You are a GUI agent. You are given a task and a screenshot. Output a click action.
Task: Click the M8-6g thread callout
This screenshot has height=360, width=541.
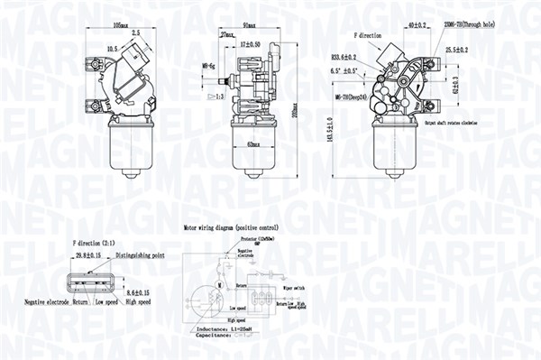[207, 65]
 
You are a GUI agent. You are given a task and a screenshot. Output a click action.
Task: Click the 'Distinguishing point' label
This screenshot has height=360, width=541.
[133, 255]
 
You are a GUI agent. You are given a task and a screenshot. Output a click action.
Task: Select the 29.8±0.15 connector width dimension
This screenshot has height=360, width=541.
[90, 255]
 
